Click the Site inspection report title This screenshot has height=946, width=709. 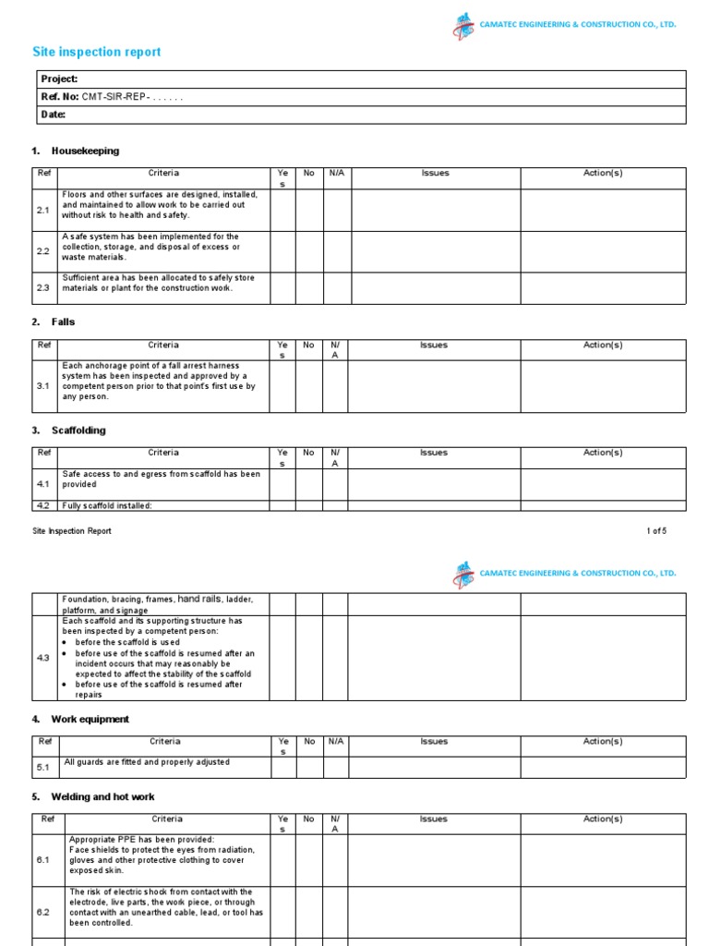(96, 52)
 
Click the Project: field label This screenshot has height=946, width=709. (59, 79)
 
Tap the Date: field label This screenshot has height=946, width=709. (54, 115)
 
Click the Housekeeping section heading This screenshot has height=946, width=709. (85, 151)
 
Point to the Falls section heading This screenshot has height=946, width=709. (63, 321)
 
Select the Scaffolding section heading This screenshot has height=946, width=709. (78, 431)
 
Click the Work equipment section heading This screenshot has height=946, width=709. (90, 719)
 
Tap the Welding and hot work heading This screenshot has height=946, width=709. (102, 796)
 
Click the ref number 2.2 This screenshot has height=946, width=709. (43, 251)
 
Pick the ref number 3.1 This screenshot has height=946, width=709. (43, 386)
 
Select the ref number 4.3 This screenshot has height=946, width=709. (43, 659)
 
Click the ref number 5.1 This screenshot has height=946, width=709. (43, 767)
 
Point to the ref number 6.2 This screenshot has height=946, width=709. (43, 912)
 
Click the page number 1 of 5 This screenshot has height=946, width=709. (655, 531)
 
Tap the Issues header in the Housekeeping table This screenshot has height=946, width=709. (435, 173)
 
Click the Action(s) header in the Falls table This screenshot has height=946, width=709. (603, 345)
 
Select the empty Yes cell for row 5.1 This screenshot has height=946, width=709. (282, 767)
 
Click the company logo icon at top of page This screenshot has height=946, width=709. (463, 26)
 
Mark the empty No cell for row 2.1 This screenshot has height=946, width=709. (309, 210)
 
